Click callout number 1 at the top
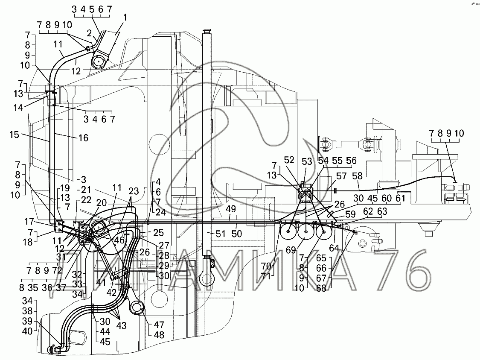(125, 18)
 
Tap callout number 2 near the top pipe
(89, 32)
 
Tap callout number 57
(341, 176)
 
